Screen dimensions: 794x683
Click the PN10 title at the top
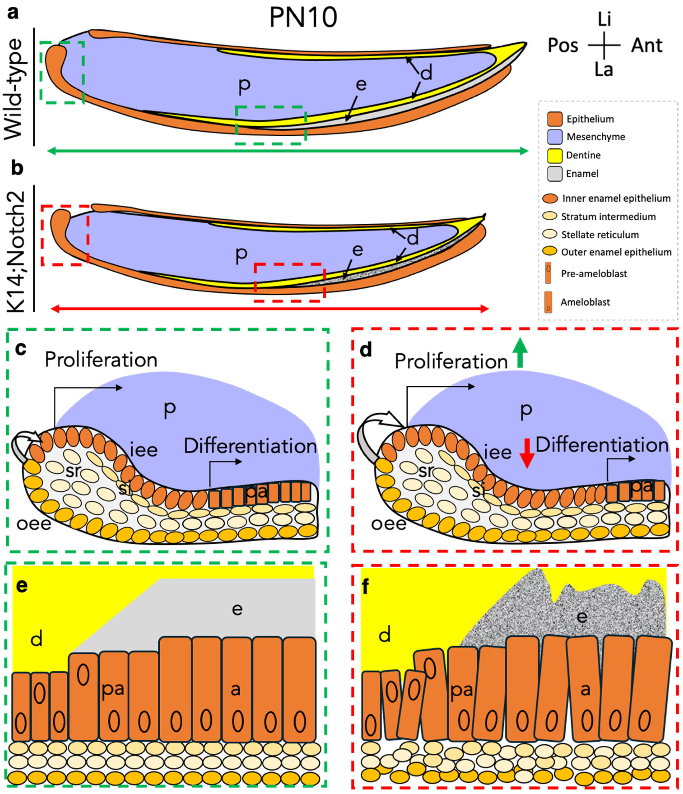303,18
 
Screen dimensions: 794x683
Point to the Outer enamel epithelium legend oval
550,252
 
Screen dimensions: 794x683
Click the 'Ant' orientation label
647,46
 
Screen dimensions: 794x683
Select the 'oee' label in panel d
388,524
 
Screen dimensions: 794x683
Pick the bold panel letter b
17,169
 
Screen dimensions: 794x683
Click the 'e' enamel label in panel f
582,617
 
